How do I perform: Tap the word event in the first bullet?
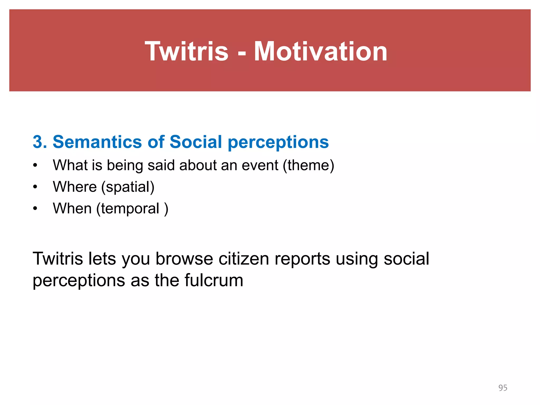coord(260,165)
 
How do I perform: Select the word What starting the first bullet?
coord(70,165)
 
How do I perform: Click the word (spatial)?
coord(128,187)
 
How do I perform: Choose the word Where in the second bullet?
coord(75,187)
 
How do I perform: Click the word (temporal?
coord(128,209)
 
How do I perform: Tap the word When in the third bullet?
coord(72,209)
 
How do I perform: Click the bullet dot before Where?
coord(35,187)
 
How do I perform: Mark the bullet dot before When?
coord(35,209)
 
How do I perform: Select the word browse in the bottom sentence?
coord(184,259)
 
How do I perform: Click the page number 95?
coord(503,388)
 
